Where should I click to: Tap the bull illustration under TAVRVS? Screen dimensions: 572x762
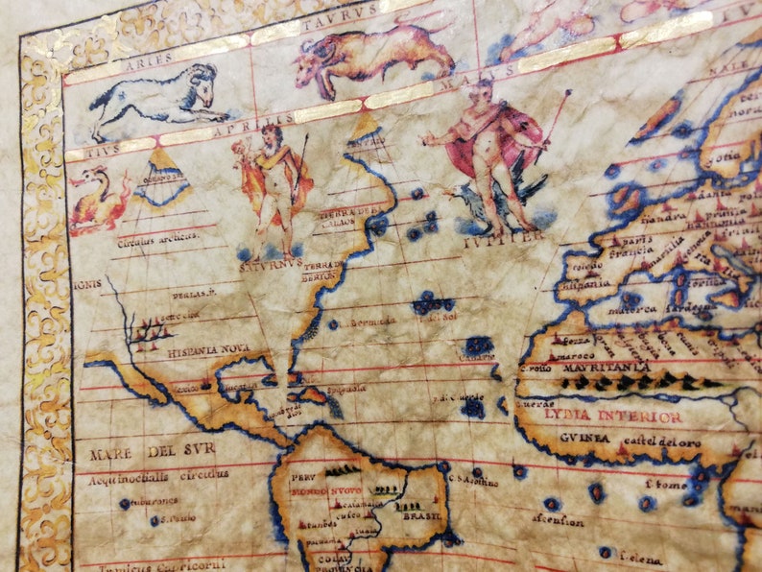(x=374, y=53)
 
